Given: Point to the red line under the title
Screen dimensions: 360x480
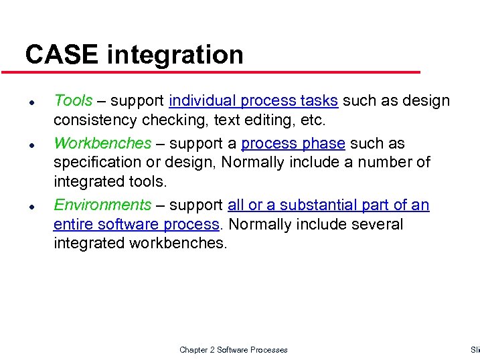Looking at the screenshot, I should pyautogui.click(x=221, y=72).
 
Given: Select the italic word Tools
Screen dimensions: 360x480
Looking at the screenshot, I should pyautogui.click(x=73, y=100).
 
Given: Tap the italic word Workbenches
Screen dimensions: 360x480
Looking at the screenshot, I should pyautogui.click(x=102, y=143).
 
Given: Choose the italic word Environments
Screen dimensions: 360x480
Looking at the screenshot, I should pyautogui.click(x=102, y=205).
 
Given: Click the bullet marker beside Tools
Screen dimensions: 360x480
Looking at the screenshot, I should pyautogui.click(x=31, y=102).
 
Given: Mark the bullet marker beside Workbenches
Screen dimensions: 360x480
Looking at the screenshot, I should pyautogui.click(x=31, y=145).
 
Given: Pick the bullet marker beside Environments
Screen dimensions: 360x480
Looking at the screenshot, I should pyautogui.click(x=31, y=207).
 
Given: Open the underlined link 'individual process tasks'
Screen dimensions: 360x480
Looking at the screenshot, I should pyautogui.click(x=254, y=101).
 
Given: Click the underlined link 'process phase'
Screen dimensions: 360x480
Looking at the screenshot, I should pyautogui.click(x=293, y=144).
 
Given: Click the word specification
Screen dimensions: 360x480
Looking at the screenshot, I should pyautogui.click(x=96, y=163).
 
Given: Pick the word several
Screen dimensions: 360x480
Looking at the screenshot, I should pyautogui.click(x=378, y=224).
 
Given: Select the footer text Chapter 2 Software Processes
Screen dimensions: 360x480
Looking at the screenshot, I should pyautogui.click(x=234, y=350).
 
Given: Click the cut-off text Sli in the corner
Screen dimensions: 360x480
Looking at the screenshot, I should pyautogui.click(x=475, y=350).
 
